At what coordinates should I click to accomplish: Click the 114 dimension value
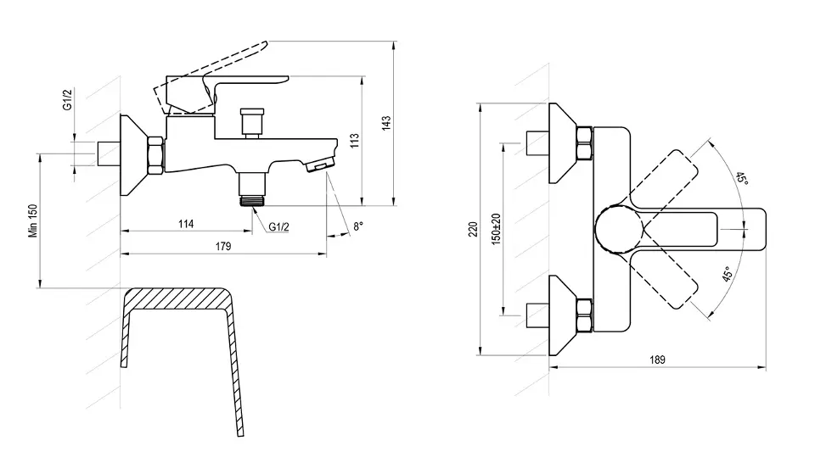coord(186,224)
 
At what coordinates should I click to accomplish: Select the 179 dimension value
coord(223,246)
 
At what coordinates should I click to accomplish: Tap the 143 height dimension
coord(386,123)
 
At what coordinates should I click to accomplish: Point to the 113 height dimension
coord(355,141)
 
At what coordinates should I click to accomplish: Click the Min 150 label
coord(34,220)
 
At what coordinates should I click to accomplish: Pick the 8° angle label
coord(358,226)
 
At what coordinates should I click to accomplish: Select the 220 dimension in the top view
coord(473,230)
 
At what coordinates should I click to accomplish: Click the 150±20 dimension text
coord(497,230)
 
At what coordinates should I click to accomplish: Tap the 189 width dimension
coord(657,360)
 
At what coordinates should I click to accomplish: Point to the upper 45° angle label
coord(742,179)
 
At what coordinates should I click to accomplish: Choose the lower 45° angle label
coord(728,274)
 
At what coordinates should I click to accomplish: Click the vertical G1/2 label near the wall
coord(67,99)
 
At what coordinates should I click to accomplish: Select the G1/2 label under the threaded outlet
coord(279,227)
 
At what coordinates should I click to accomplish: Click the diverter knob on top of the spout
coord(252,122)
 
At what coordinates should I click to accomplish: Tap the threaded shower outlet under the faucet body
coord(253,189)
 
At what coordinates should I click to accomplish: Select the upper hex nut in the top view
coord(584,143)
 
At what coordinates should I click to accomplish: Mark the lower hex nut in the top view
coord(584,315)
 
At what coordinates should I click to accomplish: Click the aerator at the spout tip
coord(318,166)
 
